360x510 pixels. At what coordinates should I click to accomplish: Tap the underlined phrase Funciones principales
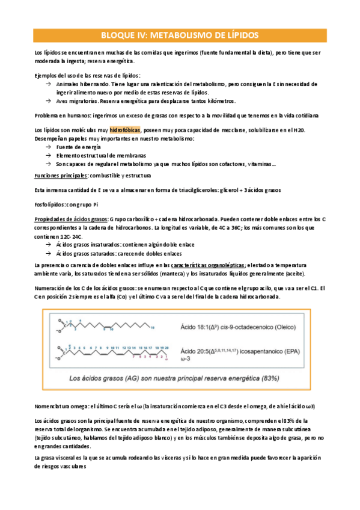[61, 176]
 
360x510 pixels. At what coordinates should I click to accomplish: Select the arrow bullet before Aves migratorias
[48, 101]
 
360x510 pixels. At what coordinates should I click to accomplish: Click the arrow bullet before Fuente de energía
[48, 147]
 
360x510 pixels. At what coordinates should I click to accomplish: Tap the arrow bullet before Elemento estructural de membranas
[48, 155]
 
